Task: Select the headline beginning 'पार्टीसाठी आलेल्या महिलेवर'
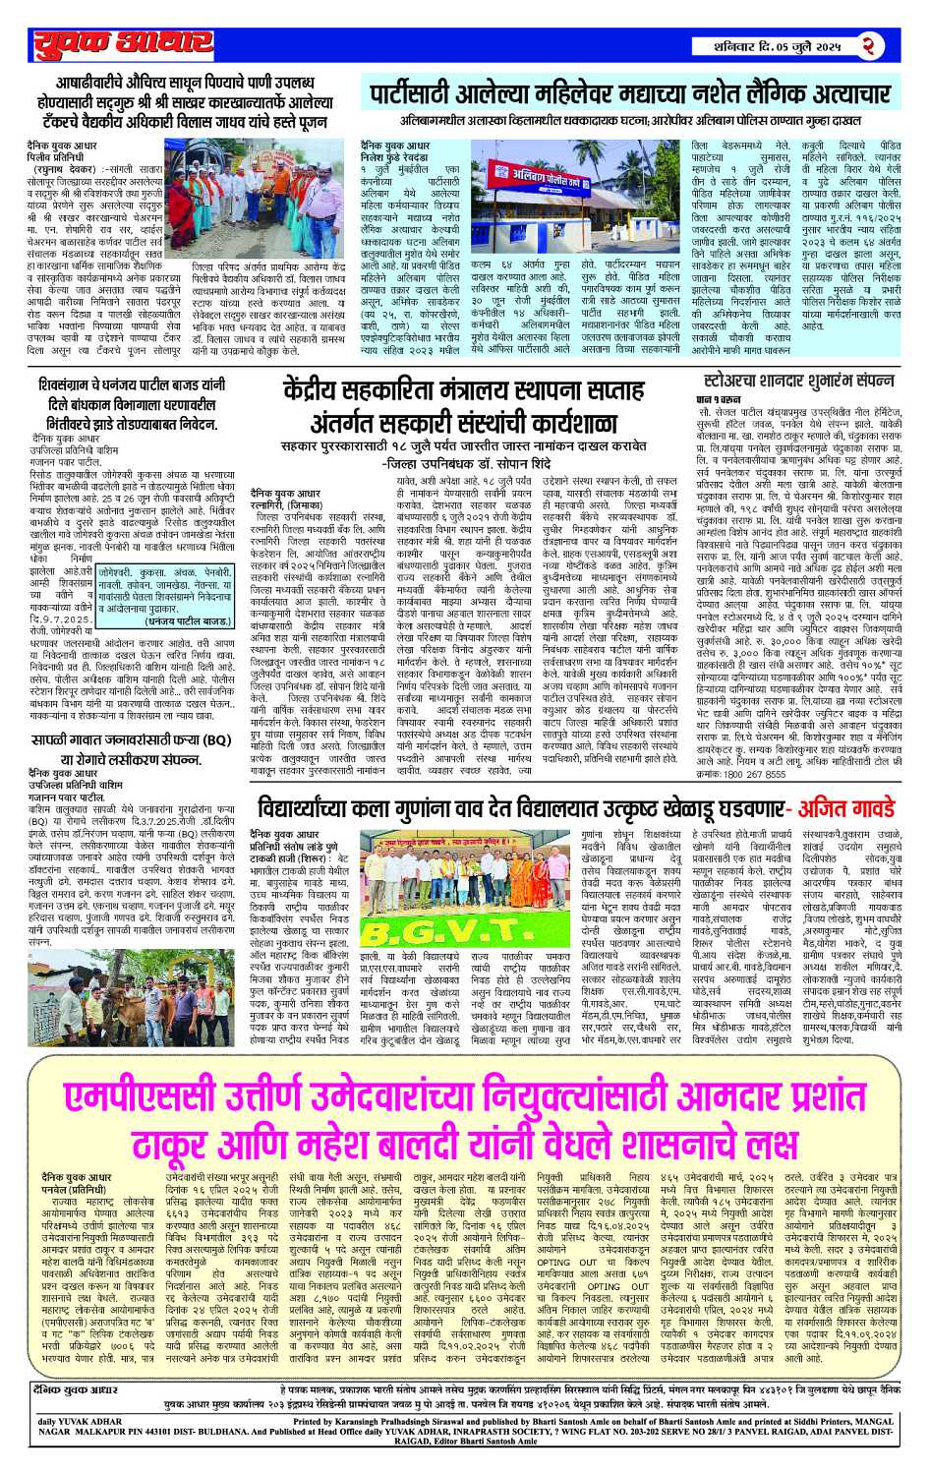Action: click(629, 95)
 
